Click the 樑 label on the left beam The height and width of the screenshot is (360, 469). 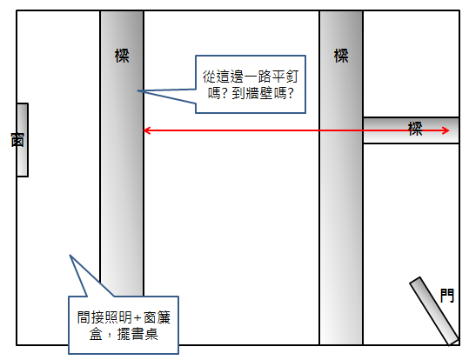pos(122,56)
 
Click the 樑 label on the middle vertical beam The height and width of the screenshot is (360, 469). pos(341,56)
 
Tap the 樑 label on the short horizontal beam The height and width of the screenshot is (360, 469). pos(415,129)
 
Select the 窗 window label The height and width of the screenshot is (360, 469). pos(17,140)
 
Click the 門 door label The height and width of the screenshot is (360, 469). pos(447,296)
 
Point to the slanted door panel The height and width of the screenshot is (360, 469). pos(434,311)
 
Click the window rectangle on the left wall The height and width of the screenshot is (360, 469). pos(23,140)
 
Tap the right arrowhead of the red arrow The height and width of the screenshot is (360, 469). pos(446,130)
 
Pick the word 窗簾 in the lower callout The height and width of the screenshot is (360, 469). pos(157,317)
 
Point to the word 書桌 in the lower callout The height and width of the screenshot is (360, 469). pos(144,334)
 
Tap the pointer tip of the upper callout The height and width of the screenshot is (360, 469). pos(137,90)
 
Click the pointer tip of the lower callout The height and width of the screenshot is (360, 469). pos(70,255)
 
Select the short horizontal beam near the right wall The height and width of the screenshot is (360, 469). pos(411,130)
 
